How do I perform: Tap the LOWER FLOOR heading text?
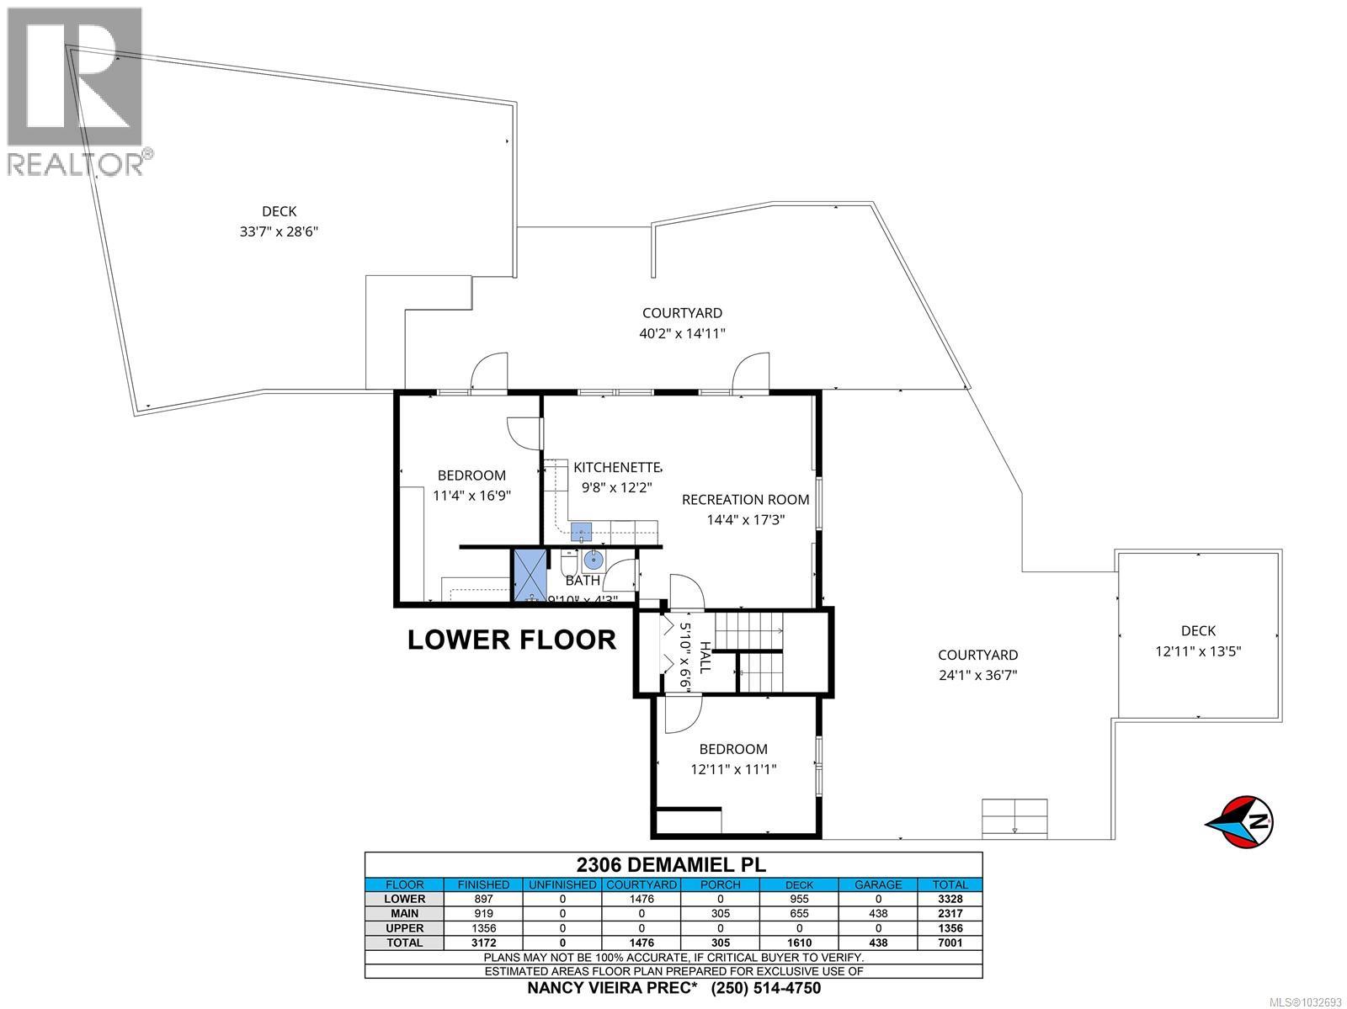coord(512,640)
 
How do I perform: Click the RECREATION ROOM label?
coord(745,499)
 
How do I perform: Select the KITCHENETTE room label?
coord(617,467)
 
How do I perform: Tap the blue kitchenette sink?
coord(582,531)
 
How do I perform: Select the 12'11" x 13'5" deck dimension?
coord(1198,651)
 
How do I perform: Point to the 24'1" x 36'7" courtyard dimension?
coord(978,674)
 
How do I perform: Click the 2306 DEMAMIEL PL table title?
coord(672,864)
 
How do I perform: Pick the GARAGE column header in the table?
coord(877,884)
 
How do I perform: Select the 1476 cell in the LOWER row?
coord(642,899)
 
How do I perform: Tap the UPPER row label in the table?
coord(404,928)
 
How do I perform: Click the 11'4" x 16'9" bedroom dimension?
coord(471,496)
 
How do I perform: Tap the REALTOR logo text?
coord(76,164)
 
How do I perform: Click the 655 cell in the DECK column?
coord(799,913)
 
